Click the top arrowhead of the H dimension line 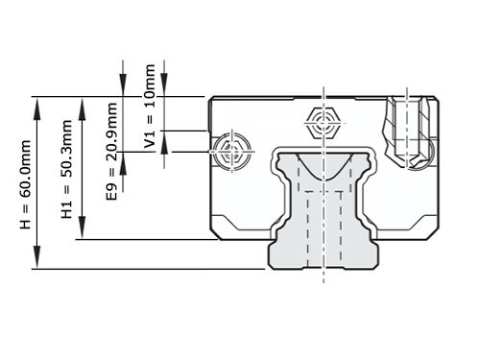(37, 103)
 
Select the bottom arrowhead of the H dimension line (37, 262)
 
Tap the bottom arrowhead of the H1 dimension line (80, 233)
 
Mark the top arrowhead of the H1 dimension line (80, 103)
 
